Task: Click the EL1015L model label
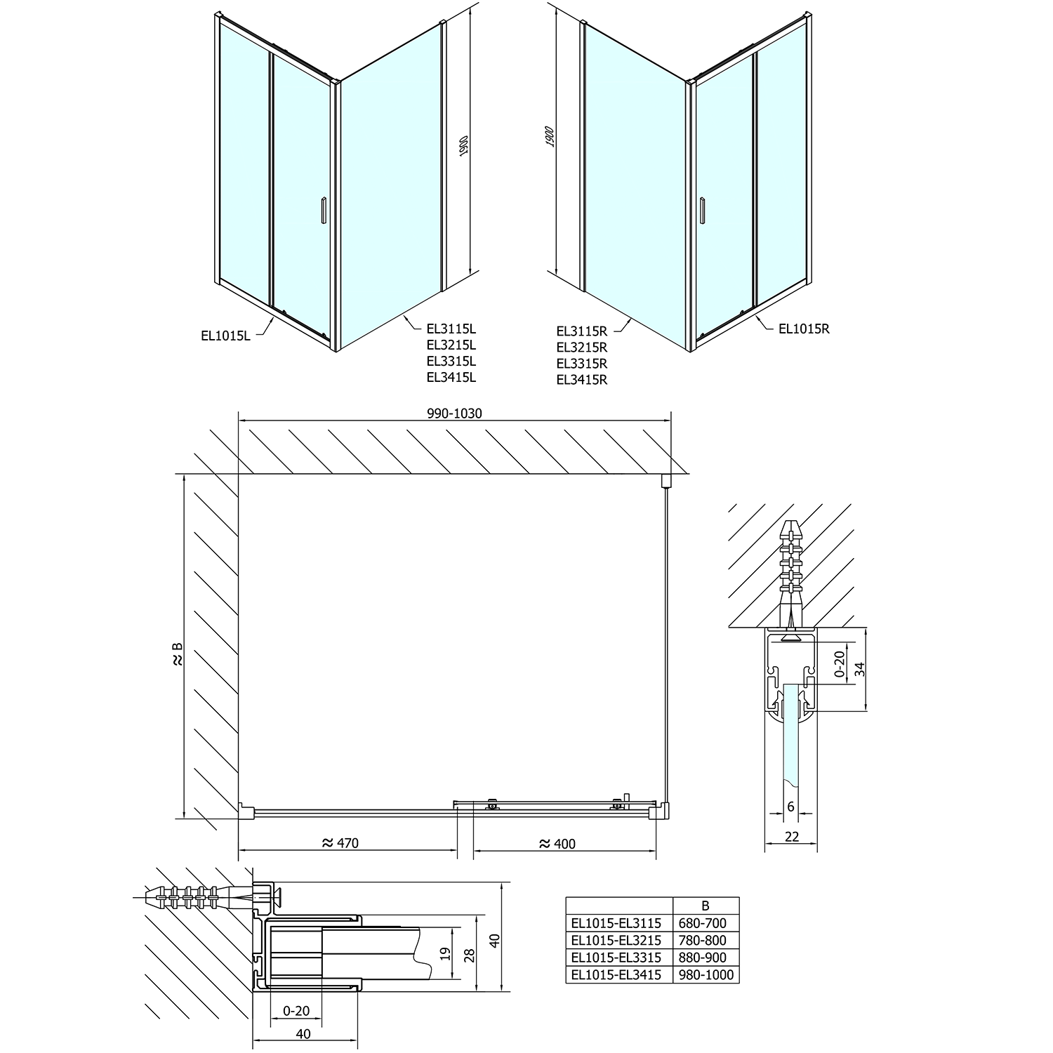tap(225, 336)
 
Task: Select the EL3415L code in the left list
tap(451, 377)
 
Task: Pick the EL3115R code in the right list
tap(581, 330)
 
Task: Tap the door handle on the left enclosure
tap(322, 211)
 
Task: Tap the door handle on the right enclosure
tap(701, 211)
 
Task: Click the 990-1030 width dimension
tap(454, 413)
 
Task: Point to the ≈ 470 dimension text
tap(339, 843)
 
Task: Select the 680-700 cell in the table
tap(705, 924)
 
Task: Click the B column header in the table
tap(705, 906)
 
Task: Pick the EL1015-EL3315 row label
tap(616, 958)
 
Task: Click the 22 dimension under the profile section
tap(791, 836)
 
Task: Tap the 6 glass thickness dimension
tap(790, 807)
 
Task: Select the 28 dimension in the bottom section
tap(470, 954)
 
